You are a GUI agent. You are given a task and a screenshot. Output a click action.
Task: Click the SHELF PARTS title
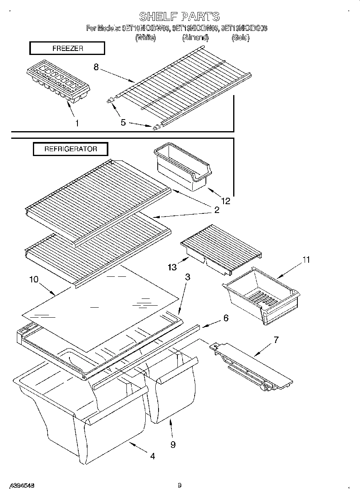tap(179, 16)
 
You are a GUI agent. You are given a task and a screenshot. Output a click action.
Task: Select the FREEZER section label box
tap(67, 49)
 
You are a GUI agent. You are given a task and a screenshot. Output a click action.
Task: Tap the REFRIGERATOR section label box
tap(71, 149)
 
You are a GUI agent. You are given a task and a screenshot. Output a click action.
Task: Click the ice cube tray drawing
tap(58, 82)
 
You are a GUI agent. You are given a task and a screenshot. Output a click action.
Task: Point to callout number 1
tap(77, 123)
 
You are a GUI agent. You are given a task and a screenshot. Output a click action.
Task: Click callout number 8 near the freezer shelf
tap(96, 67)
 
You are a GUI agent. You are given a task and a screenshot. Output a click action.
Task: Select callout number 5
tap(123, 122)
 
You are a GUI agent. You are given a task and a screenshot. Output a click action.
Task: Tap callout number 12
tap(226, 201)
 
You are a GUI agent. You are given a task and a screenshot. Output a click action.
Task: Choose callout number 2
tap(217, 209)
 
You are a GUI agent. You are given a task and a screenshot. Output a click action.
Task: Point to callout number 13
tap(172, 267)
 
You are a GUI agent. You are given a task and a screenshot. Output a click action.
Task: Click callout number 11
tap(306, 260)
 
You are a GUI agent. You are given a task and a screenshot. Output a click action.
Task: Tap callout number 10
tap(34, 279)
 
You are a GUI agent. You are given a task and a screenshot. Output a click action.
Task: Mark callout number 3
tap(187, 277)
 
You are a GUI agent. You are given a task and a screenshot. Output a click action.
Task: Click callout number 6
tap(226, 318)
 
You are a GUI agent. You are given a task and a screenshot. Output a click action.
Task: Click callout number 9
tap(173, 444)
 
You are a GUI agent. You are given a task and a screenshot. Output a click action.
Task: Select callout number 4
tap(153, 456)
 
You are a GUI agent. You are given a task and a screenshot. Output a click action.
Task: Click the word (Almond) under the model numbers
tap(195, 38)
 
